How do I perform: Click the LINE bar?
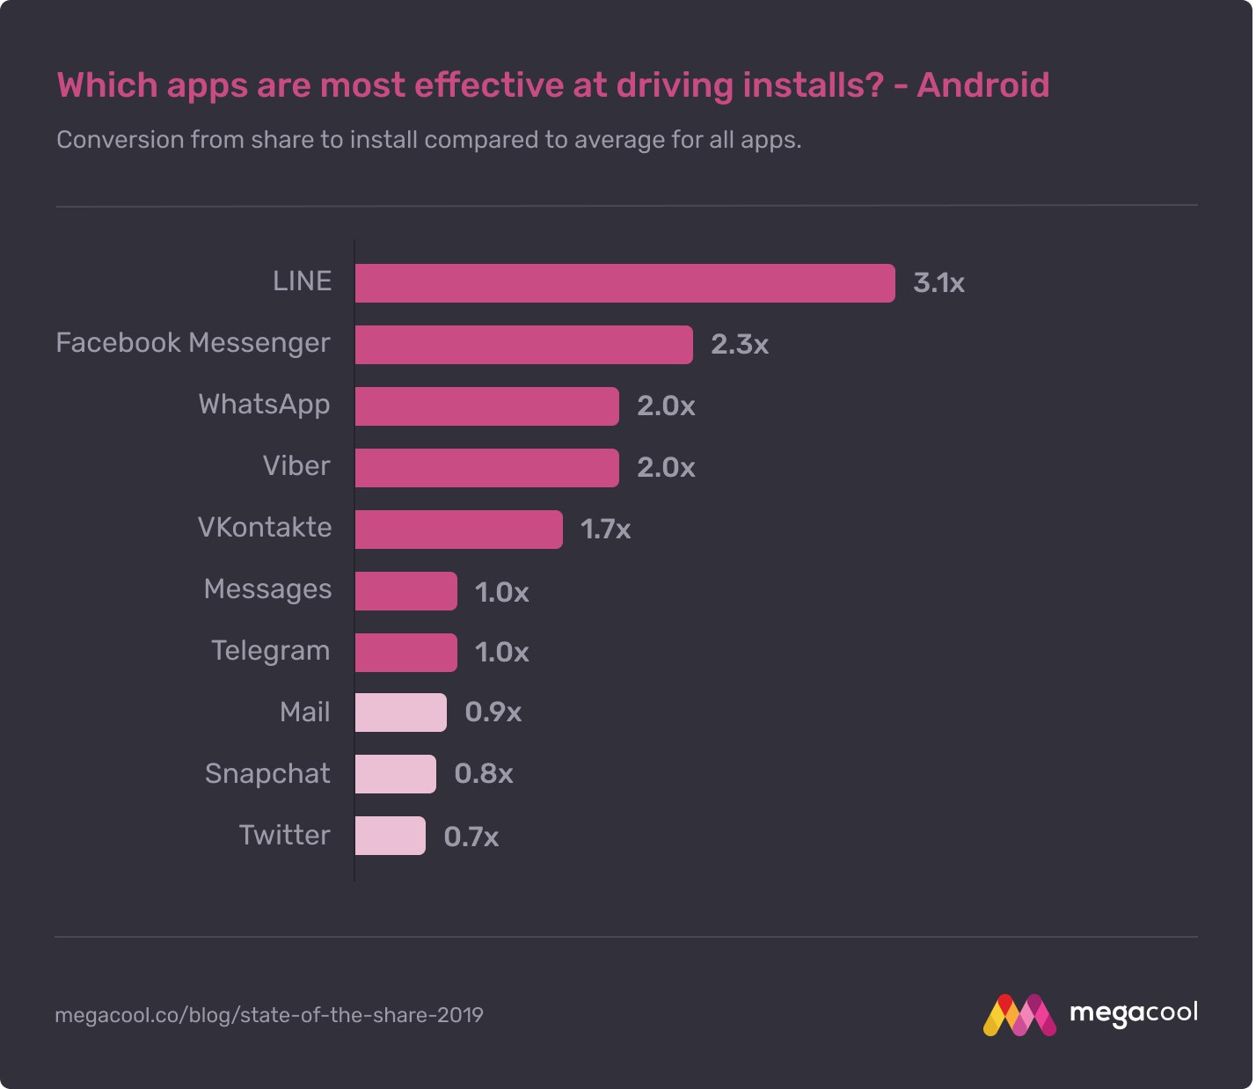pos(624,283)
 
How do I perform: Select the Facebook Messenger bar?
pos(523,345)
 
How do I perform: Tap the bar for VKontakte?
pos(458,530)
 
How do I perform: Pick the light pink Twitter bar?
pos(390,836)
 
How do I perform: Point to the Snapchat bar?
pos(395,774)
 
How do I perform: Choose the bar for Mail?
pos(400,713)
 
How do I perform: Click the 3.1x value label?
pos(938,283)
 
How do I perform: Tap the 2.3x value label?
pos(739,345)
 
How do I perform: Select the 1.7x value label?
pos(605,530)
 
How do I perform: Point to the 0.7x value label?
pos(471,837)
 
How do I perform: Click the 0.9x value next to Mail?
pos(493,713)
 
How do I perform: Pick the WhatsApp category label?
pos(264,405)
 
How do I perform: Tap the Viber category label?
pos(296,466)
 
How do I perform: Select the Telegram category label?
pos(271,651)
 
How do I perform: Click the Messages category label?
pos(267,589)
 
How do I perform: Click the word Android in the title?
pos(983,85)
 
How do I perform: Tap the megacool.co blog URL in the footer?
pos(269,1015)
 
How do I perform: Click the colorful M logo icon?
pos(1019,1015)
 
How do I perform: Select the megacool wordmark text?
pos(1133,1013)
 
